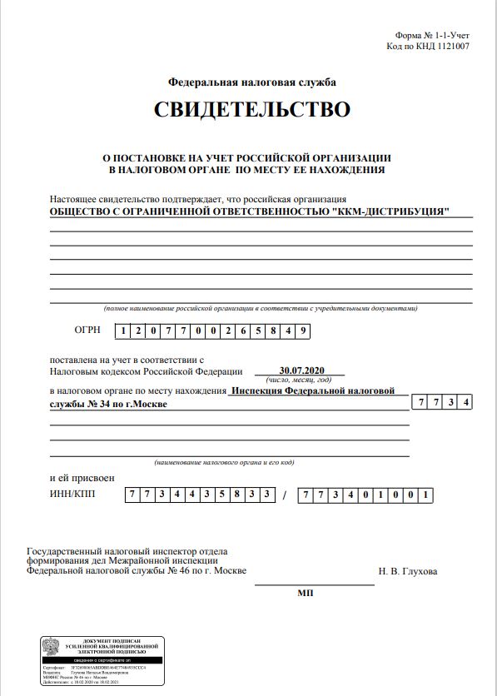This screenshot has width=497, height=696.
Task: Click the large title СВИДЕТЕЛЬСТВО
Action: (252, 110)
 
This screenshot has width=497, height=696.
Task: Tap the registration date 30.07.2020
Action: (301, 370)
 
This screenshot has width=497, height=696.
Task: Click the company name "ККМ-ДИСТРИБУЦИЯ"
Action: (390, 211)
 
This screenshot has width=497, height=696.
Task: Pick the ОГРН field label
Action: (87, 331)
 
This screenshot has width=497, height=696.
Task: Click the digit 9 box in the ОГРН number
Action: (304, 331)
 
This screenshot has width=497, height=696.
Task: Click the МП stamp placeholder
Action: (304, 594)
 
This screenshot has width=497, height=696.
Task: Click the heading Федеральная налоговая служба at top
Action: (251, 82)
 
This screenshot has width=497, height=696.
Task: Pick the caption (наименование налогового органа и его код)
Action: (225, 462)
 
